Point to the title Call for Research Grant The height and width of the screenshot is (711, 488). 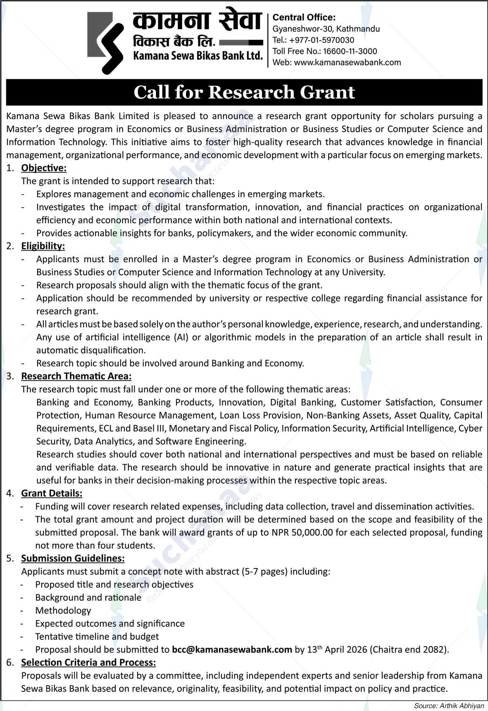(x=244, y=92)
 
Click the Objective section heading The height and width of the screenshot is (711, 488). (x=44, y=168)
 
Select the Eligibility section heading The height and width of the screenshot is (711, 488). (x=43, y=246)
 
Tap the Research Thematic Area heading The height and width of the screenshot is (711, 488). (x=76, y=376)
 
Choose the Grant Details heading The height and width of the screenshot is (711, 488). (x=52, y=493)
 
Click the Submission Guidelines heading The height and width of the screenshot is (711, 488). (x=73, y=558)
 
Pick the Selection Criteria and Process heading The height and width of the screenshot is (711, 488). (x=88, y=662)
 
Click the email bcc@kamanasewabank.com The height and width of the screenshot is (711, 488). (x=232, y=649)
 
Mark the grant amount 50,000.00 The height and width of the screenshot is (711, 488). (x=312, y=532)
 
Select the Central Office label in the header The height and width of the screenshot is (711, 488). (x=304, y=17)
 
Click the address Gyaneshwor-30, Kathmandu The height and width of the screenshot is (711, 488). (x=326, y=29)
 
